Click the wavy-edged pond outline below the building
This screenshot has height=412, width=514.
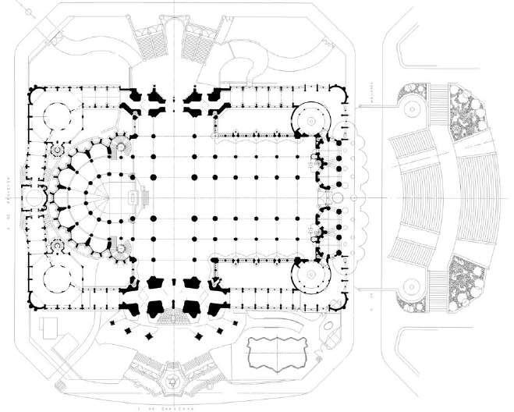(275, 353)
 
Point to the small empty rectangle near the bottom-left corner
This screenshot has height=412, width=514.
(50, 330)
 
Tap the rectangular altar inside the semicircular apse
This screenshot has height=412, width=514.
(139, 197)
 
